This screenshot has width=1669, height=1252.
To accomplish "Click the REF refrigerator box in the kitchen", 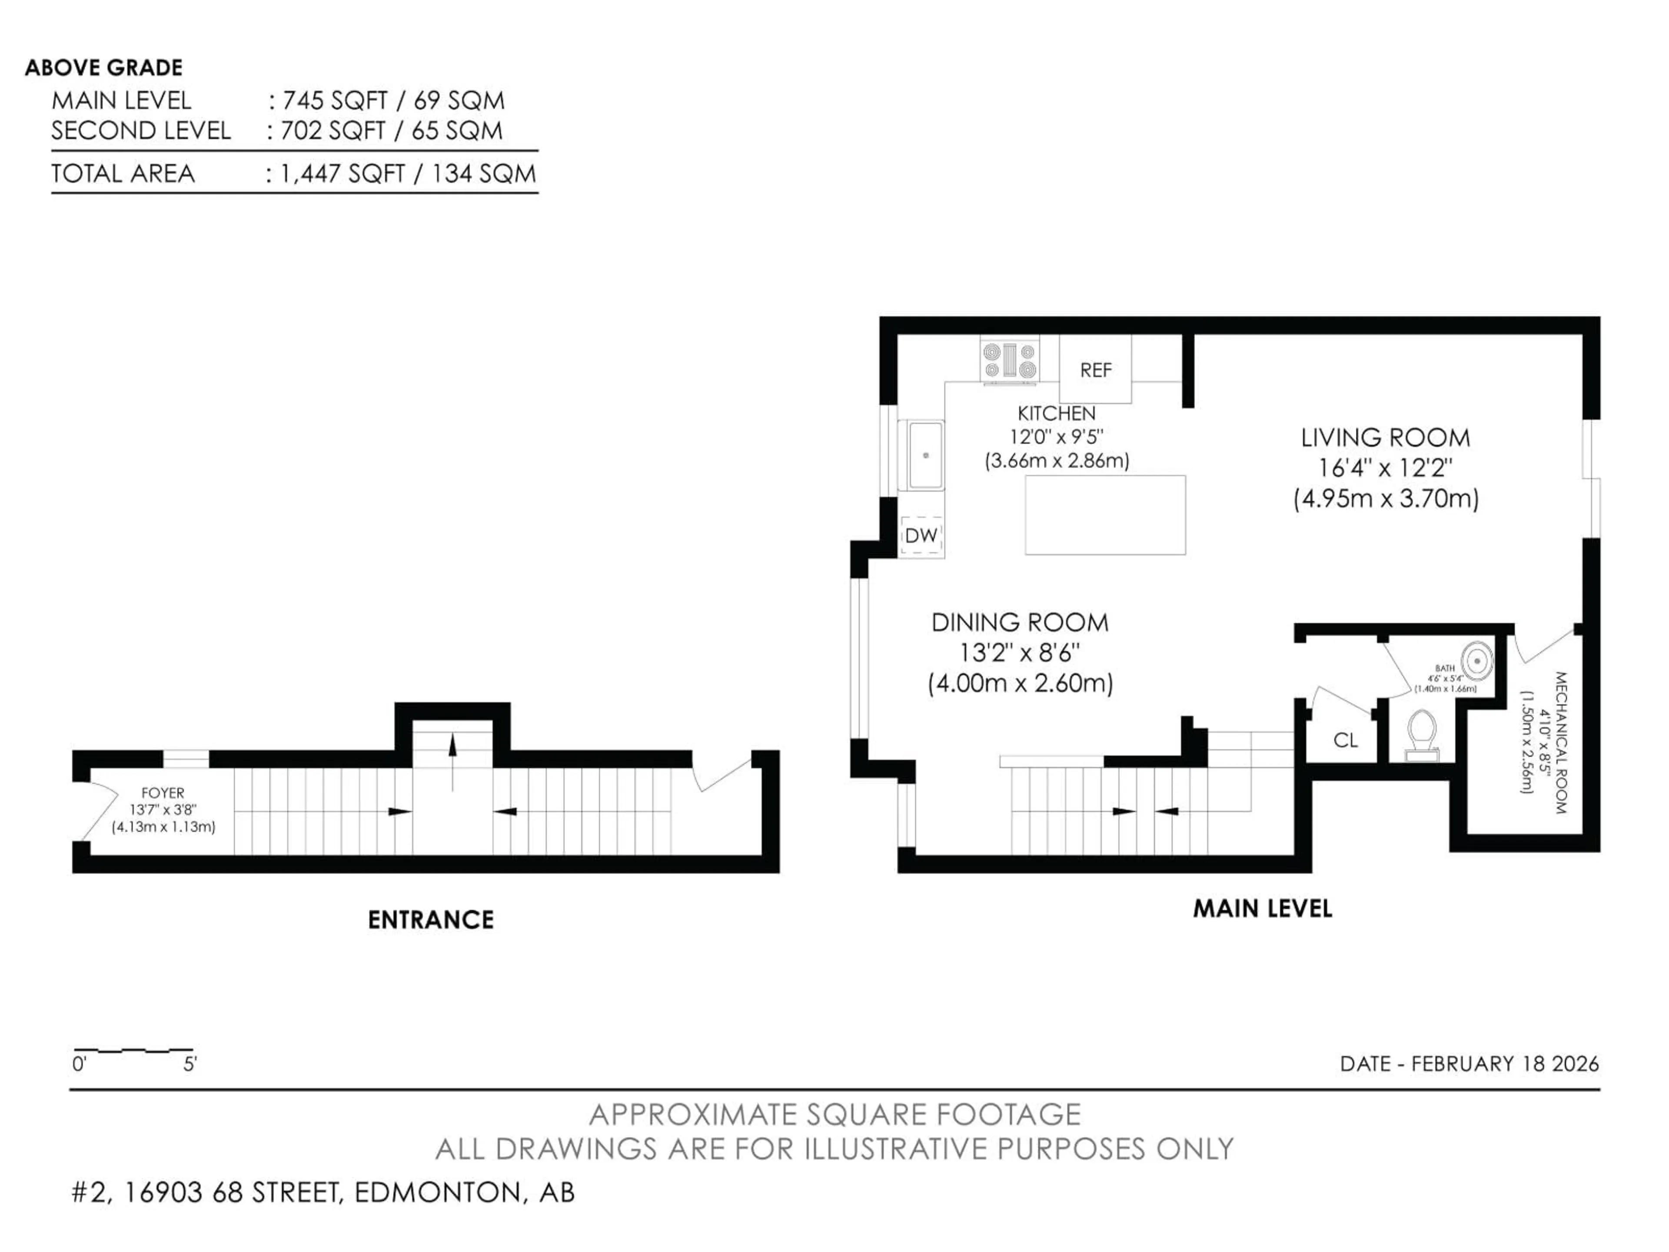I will (x=1095, y=370).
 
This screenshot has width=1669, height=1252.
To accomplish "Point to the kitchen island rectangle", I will (x=1104, y=515).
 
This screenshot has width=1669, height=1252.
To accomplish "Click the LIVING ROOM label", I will (x=1385, y=438).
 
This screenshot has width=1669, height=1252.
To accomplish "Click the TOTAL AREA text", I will (x=123, y=173).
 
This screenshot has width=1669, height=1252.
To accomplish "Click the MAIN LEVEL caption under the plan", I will (x=1262, y=909).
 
